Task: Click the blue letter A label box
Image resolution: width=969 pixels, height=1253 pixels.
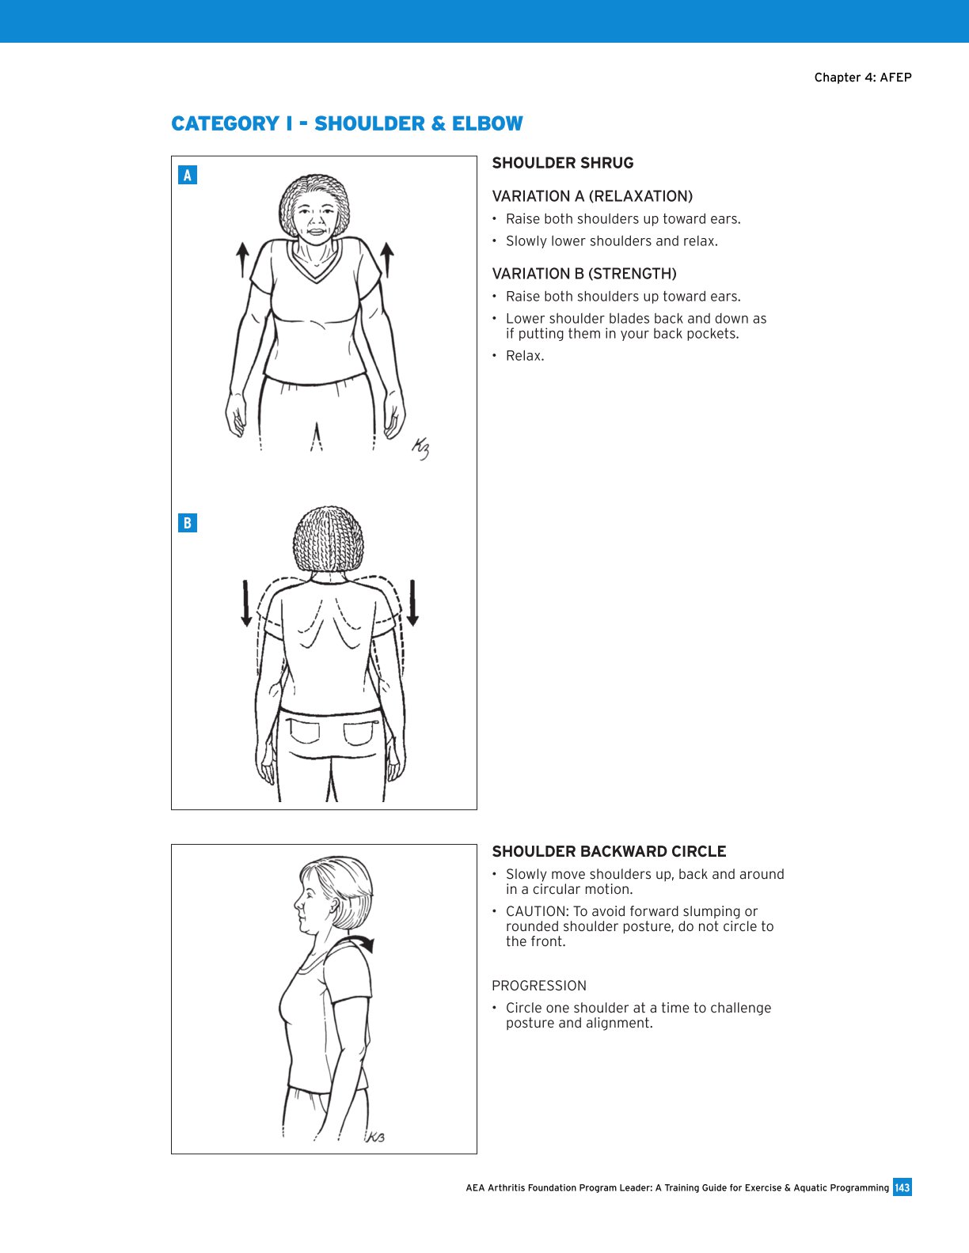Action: [188, 175]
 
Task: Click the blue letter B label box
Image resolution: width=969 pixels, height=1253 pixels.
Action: [188, 523]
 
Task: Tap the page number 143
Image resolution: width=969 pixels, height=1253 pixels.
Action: [902, 1187]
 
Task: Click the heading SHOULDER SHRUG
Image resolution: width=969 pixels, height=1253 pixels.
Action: [562, 163]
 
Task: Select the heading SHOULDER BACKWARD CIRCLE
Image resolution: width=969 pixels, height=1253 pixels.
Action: [609, 851]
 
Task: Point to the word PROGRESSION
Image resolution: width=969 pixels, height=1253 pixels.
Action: [538, 986]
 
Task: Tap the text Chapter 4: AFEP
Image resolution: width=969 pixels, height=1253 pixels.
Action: [862, 78]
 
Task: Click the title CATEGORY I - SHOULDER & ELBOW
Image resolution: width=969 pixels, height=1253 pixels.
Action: [347, 123]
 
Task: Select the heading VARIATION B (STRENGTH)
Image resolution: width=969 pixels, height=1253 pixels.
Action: [583, 274]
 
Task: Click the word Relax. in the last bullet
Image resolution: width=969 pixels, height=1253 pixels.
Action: [525, 356]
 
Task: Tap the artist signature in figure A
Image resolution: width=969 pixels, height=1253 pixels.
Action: [420, 449]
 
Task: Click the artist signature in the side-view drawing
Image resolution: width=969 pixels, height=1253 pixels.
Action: [374, 1137]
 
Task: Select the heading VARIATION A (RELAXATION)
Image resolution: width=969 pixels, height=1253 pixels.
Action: [591, 196]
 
